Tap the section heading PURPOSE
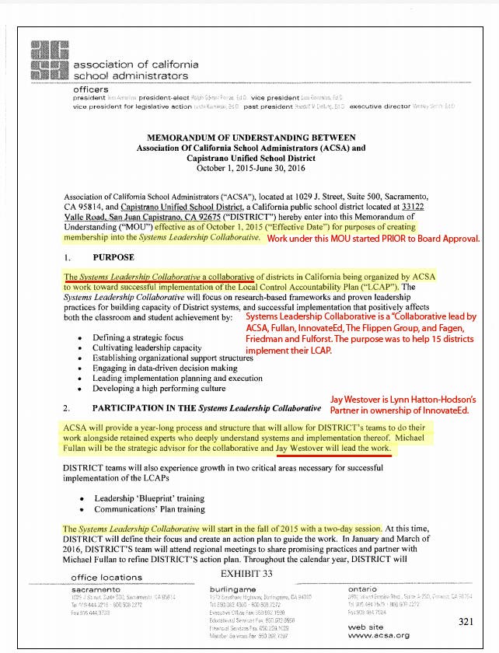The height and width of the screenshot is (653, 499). [113, 257]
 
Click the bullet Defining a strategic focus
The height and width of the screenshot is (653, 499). [138, 337]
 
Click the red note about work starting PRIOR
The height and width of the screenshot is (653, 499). [373, 239]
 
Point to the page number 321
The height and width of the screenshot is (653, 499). [466, 621]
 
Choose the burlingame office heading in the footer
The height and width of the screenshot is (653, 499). [236, 588]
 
